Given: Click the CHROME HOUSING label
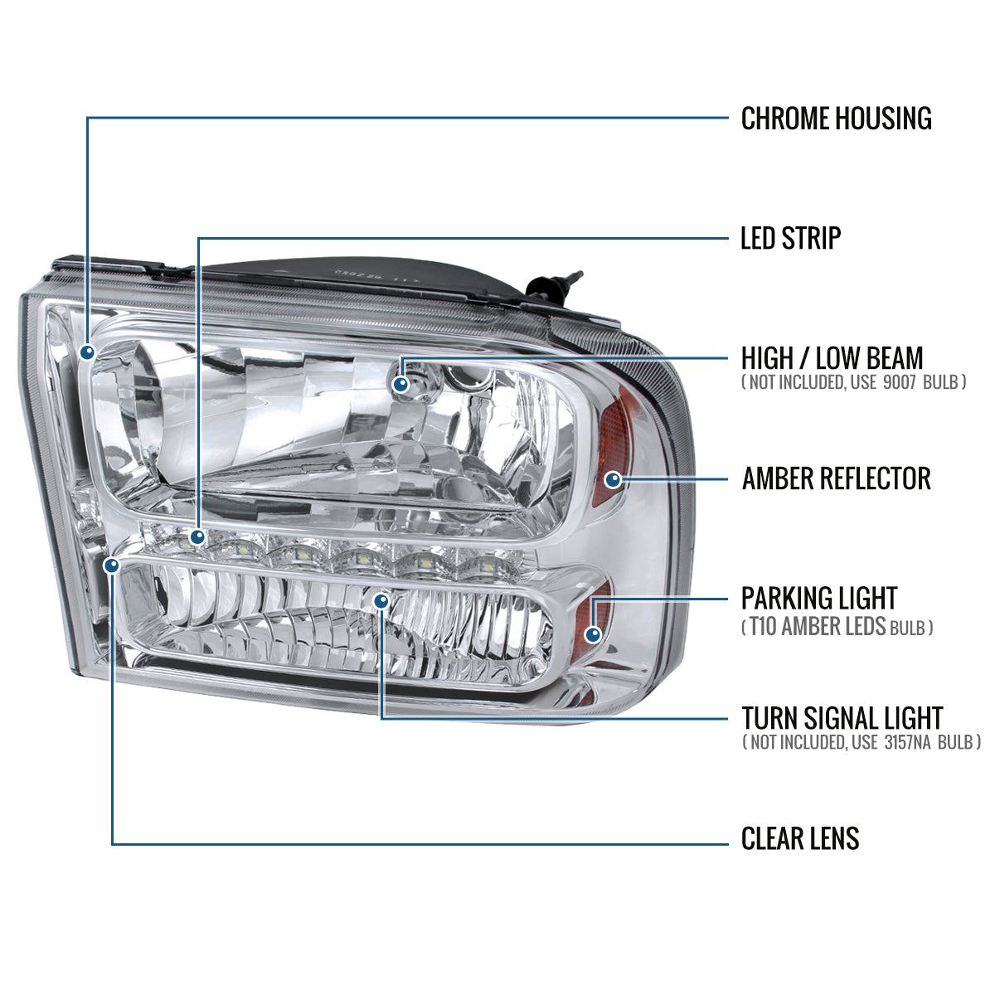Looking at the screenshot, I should tap(836, 119).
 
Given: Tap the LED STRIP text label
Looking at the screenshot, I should tap(790, 239).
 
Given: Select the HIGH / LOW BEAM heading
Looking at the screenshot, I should tap(832, 359).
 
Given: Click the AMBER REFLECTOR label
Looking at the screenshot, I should tap(836, 478).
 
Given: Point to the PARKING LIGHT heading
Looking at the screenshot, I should tap(818, 598).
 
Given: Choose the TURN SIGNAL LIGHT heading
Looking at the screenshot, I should tap(842, 718).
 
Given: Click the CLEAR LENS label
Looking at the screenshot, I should tap(799, 838).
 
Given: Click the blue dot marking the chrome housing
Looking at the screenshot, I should tap(88, 352).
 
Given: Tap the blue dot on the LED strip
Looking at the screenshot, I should tap(197, 537).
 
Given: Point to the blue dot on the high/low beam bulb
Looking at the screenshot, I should tap(401, 383).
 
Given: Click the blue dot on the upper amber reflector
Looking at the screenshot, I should tap(614, 479).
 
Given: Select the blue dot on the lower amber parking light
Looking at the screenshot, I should tap(592, 634).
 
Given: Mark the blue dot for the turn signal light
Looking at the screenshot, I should tap(381, 599).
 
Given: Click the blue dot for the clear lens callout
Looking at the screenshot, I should tap(111, 565).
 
